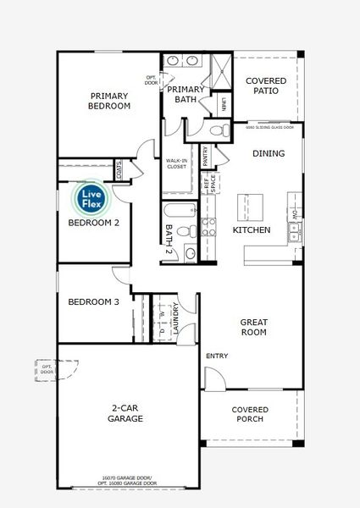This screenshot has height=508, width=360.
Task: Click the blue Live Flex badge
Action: point(90,199)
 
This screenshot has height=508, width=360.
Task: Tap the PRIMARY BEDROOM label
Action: point(109,101)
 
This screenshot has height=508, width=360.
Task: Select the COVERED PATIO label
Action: point(265,86)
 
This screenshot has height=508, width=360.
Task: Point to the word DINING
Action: point(268,153)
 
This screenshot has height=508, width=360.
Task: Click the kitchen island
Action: point(251,204)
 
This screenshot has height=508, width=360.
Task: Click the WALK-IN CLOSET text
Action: point(176,163)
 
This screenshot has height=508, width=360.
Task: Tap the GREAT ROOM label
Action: point(254,326)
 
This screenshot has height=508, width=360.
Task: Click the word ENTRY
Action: point(217,356)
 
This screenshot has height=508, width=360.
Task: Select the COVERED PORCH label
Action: point(251,414)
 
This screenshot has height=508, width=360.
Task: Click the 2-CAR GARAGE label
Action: point(125,413)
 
